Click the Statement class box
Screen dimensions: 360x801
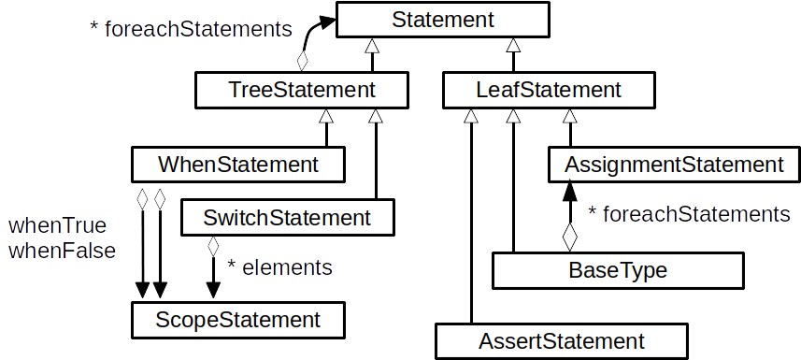tap(444, 19)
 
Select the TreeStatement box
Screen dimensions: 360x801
tap(302, 91)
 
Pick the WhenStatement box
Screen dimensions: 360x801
tap(238, 166)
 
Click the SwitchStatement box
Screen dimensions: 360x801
tap(286, 219)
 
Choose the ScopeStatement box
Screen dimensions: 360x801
tap(238, 320)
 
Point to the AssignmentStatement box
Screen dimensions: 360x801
tap(673, 166)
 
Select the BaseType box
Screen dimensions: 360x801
tap(618, 271)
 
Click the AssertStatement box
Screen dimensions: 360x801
tap(561, 340)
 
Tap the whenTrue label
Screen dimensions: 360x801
tap(57, 226)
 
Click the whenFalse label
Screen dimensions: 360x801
tap(62, 251)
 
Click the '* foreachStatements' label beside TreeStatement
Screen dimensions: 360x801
tap(191, 29)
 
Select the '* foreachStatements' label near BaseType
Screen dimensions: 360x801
tap(689, 215)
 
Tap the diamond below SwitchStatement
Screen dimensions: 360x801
tap(213, 248)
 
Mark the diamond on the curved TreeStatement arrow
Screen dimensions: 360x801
tap(302, 61)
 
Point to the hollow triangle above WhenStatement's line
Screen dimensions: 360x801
tap(326, 116)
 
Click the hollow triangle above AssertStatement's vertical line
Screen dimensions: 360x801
tap(471, 116)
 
